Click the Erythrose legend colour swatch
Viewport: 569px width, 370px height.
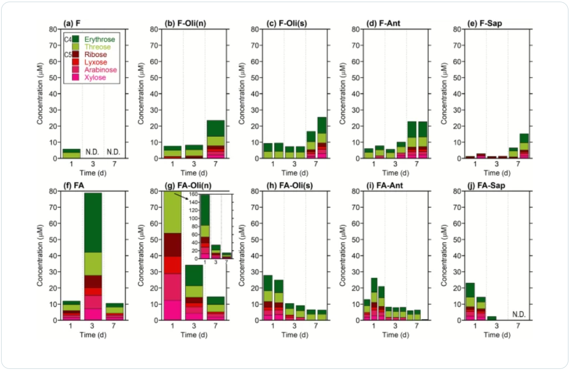coord(76,39)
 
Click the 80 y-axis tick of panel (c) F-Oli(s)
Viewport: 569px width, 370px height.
coord(255,29)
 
